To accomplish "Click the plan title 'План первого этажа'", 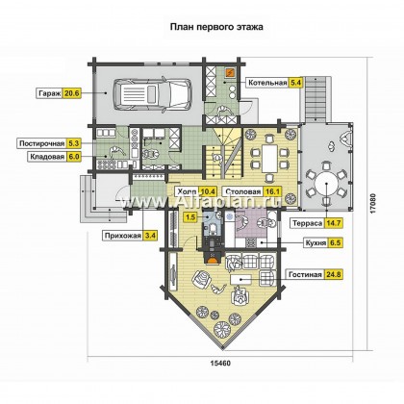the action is click(216, 27).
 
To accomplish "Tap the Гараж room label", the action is click(50, 93).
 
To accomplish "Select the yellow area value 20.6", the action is click(71, 93).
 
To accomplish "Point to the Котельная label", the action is click(267, 83).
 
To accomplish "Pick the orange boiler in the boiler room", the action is click(231, 73).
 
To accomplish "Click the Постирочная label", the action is click(42, 143).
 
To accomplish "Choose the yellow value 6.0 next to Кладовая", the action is click(73, 157).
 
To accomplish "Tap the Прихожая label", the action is click(123, 236).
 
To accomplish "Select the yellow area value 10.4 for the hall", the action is click(208, 191).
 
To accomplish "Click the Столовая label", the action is click(243, 191).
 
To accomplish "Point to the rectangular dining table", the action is click(269, 158).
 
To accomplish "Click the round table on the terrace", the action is click(326, 184).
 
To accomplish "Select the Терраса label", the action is click(307, 223).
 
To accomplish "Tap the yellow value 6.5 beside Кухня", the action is click(335, 242).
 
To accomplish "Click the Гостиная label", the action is click(305, 275).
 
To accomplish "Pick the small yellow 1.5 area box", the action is click(190, 217).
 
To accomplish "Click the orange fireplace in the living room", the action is click(212, 258).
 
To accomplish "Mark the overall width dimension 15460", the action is click(220, 364).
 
